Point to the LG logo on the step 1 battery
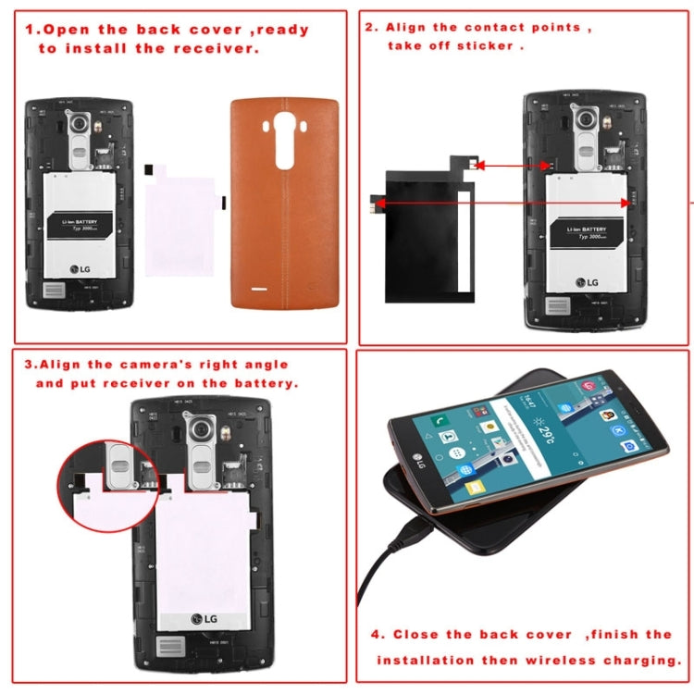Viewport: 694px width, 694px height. click(x=82, y=270)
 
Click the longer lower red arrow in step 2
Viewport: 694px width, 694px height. click(x=504, y=201)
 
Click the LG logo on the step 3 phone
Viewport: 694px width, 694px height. click(x=205, y=619)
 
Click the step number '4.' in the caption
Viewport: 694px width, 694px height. click(x=378, y=634)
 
